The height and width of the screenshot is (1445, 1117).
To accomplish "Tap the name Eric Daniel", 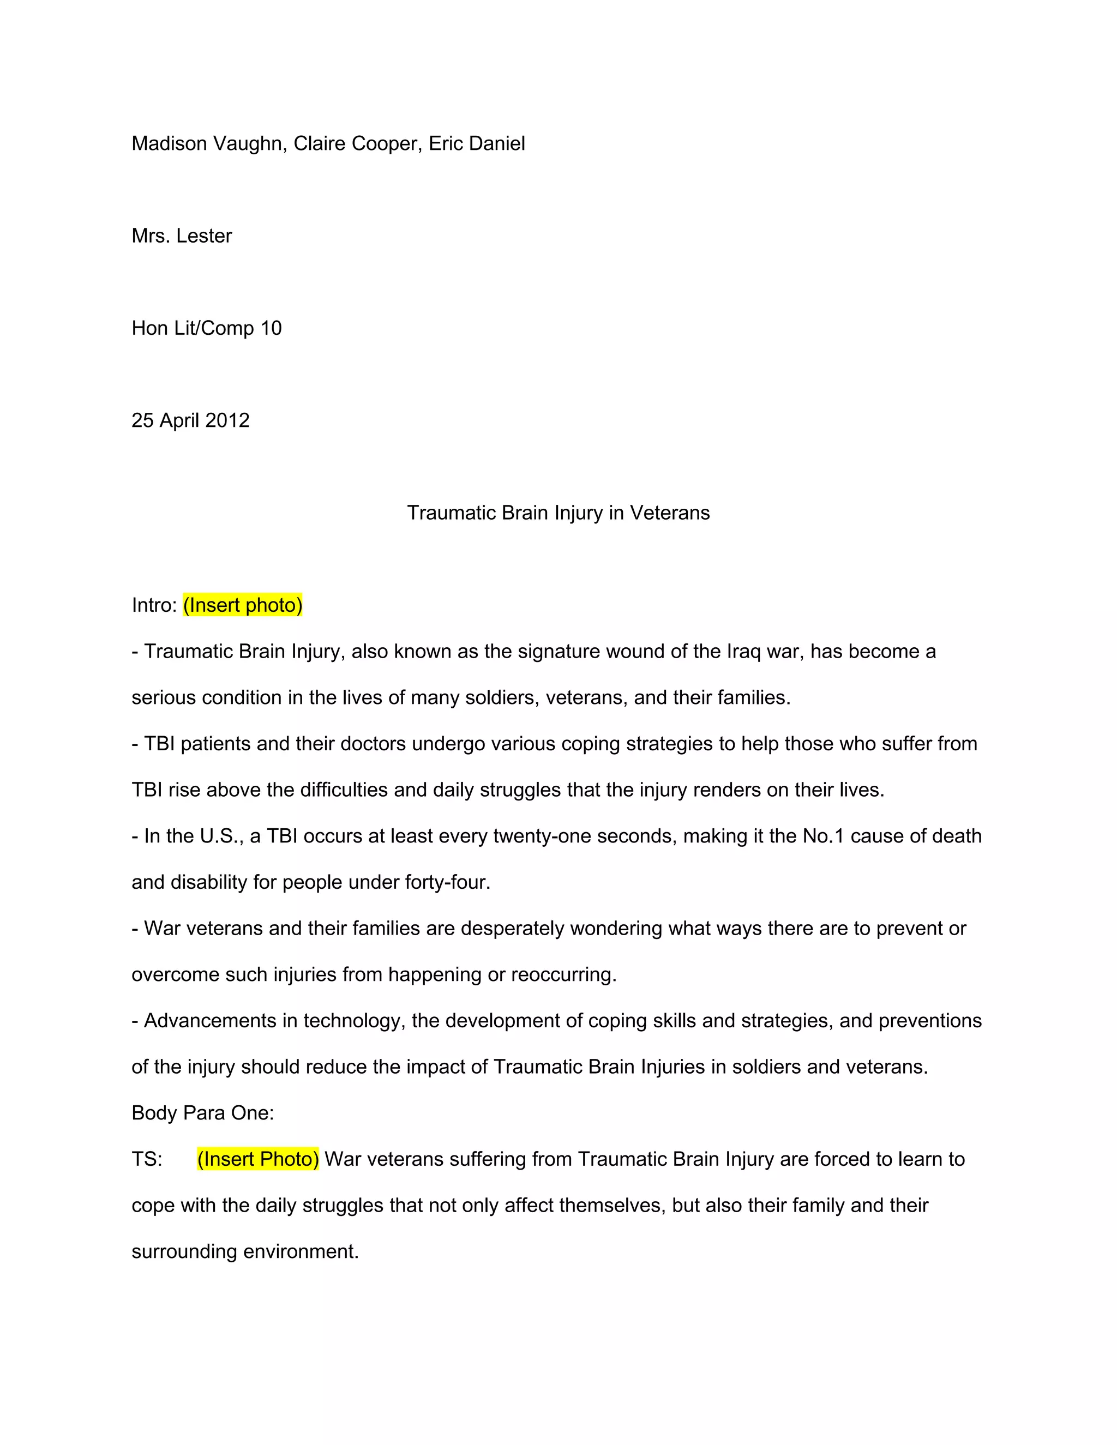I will pyautogui.click(x=477, y=143).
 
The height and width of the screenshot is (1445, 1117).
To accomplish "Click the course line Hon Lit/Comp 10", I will pyautogui.click(x=207, y=328).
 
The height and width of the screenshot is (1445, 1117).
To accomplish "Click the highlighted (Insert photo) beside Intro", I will pyautogui.click(x=243, y=605).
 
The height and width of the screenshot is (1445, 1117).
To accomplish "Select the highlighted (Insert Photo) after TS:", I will pyautogui.click(x=258, y=1159).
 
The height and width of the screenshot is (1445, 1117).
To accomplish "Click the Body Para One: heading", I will pyautogui.click(x=202, y=1113).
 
